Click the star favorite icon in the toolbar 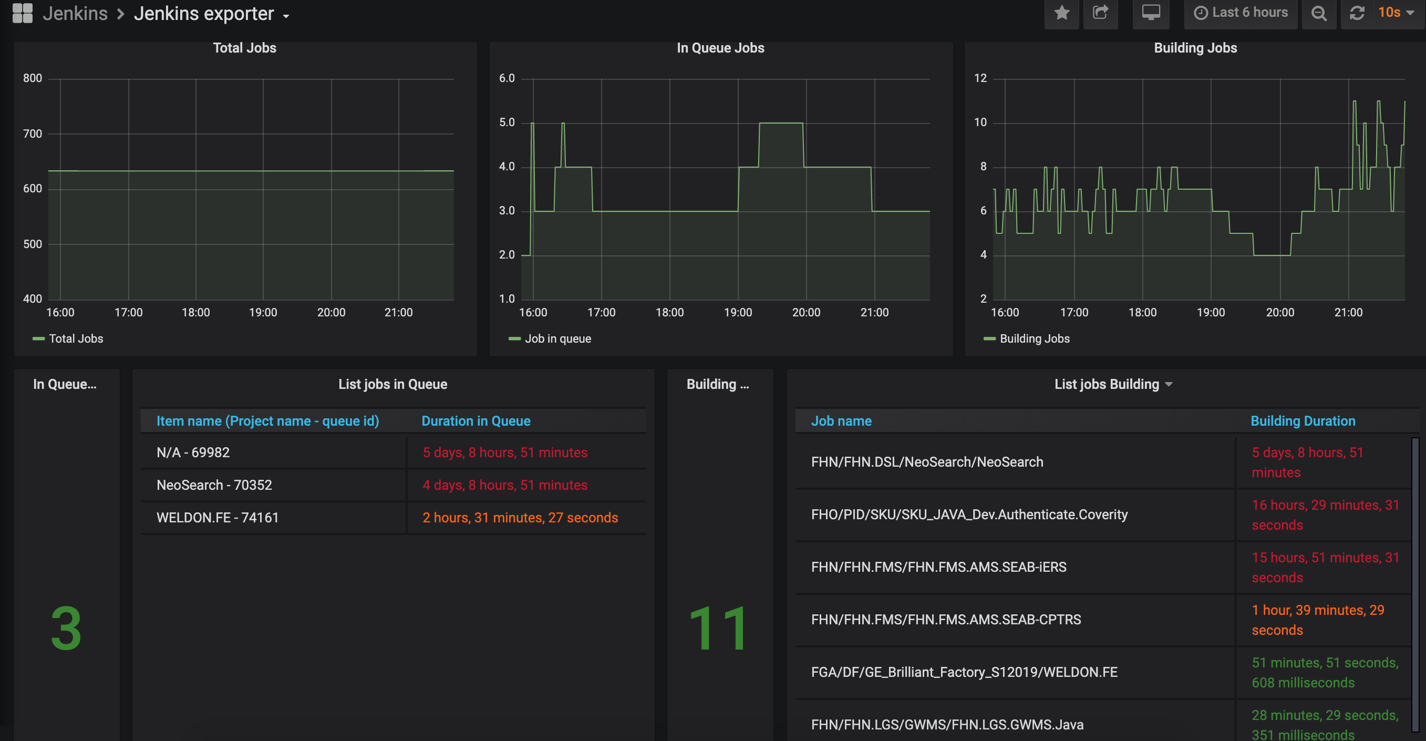pos(1061,13)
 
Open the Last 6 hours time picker pos(1241,13)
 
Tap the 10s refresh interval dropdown pos(1396,13)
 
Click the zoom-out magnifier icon pos(1319,13)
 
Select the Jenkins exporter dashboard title pos(204,14)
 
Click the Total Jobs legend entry pos(68,338)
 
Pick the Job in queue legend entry pos(550,338)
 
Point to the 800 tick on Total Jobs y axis pos(32,78)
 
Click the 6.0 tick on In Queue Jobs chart pos(507,78)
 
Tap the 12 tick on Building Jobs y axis pos(980,78)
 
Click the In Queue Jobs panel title pos(720,48)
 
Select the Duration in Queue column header pos(476,421)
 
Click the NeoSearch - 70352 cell pos(214,485)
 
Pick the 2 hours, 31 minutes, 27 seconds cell pos(520,518)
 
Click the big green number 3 pos(66,629)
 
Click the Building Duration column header pos(1303,421)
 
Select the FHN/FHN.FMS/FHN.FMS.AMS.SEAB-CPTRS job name pos(946,620)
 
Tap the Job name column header pos(841,421)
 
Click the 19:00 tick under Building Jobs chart pos(1211,312)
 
